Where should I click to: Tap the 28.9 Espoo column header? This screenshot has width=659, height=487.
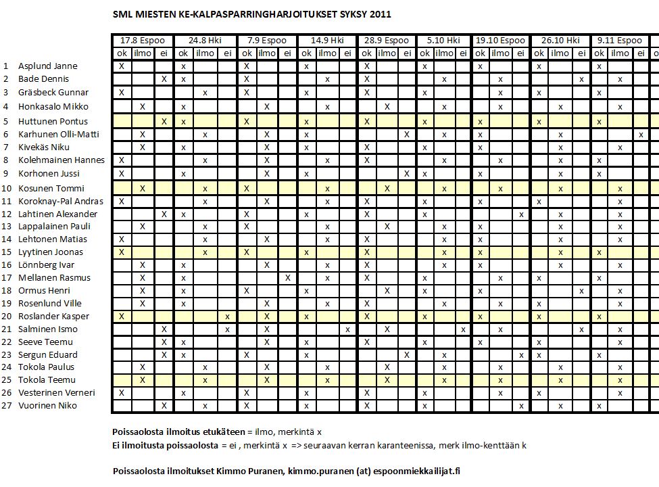(387, 40)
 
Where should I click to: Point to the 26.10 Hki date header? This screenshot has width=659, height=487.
(560, 40)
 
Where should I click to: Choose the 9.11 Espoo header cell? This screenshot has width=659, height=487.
(619, 40)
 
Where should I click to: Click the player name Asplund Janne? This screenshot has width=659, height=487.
(48, 66)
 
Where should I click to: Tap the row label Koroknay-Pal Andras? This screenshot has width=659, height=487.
(61, 202)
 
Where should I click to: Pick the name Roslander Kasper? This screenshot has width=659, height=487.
(53, 317)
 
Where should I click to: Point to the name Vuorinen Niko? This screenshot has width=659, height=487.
(47, 406)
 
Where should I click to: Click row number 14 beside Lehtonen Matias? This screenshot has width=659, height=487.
(6, 239)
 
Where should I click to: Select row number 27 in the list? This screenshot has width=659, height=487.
(6, 406)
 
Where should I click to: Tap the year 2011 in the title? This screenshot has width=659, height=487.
(380, 14)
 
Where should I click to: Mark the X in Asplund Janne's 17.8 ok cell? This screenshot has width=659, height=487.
(122, 66)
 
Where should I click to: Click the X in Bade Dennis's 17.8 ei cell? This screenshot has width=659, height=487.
(164, 79)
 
